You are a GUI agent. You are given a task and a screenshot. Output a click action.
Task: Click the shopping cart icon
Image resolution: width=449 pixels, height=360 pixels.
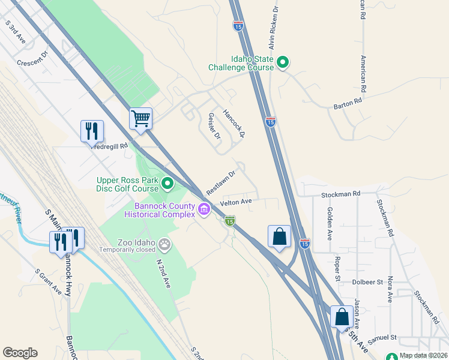pos(140,118)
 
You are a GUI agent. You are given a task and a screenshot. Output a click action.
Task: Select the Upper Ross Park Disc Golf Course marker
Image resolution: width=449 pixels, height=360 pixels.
pos(167,184)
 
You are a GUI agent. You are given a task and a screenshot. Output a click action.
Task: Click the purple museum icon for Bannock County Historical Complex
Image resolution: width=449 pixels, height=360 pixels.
pos(204,209)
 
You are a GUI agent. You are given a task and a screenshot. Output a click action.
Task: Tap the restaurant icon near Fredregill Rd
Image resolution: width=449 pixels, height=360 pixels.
pos(92,130)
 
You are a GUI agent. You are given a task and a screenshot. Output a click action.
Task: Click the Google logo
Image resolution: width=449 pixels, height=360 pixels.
pos(20,353)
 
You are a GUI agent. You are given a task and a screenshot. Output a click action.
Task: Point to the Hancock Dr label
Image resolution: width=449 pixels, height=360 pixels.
pos(234,122)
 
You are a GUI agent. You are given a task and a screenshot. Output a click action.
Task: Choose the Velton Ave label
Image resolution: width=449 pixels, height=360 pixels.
pos(236,203)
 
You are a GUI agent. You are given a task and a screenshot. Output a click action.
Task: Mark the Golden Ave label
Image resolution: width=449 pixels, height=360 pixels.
pos(330,223)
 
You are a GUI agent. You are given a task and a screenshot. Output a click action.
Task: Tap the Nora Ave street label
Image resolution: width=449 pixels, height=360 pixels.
pos(390,289)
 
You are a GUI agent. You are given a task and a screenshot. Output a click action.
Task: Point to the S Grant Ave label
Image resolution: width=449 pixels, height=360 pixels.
pos(48,281)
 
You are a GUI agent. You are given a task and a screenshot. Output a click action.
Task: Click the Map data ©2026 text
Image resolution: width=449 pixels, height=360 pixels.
pos(423,355)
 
